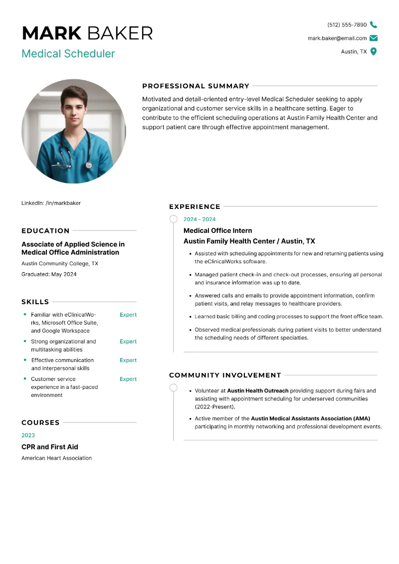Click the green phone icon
[374, 25]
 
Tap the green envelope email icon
[374, 38]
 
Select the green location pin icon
[374, 51]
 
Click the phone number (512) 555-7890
[347, 25]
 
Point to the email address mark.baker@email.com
[337, 38]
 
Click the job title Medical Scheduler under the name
[68, 54]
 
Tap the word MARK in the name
[52, 33]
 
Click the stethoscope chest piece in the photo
[88, 165]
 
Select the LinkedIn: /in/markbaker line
[51, 203]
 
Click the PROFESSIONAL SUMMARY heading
[196, 86]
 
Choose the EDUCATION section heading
[45, 231]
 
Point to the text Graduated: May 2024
[49, 274]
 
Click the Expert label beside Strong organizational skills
[128, 342]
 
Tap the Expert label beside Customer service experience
[128, 379]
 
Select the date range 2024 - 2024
[199, 219]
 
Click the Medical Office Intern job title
[218, 230]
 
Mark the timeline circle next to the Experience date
[174, 219]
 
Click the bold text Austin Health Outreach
[258, 391]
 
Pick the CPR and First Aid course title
[50, 447]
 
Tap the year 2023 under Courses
[28, 435]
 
